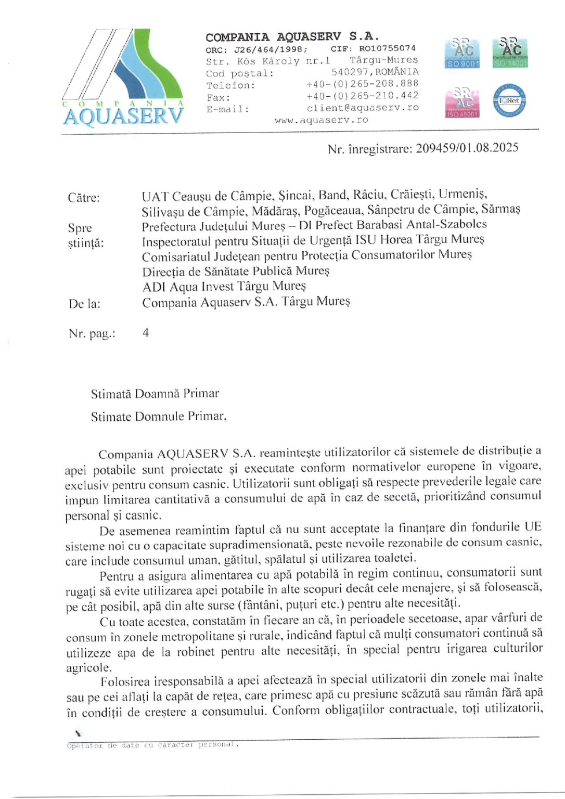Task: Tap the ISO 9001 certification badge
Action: click(x=462, y=53)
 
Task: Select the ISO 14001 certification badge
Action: click(x=510, y=53)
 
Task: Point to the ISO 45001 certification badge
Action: click(x=462, y=102)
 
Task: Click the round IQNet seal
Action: click(x=509, y=101)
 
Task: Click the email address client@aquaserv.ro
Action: click(x=363, y=108)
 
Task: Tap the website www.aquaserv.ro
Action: click(x=322, y=120)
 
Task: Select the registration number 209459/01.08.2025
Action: click(x=467, y=148)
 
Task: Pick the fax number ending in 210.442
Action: click(x=363, y=96)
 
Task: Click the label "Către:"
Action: click(x=84, y=198)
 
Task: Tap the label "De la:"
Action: click(x=84, y=304)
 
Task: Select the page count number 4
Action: click(x=146, y=333)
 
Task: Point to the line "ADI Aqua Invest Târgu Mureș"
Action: click(x=224, y=287)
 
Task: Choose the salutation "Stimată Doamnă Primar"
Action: click(x=155, y=394)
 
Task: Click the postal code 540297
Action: click(x=350, y=72)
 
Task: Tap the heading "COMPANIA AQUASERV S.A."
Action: click(x=292, y=37)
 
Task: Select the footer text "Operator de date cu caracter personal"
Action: click(x=152, y=745)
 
